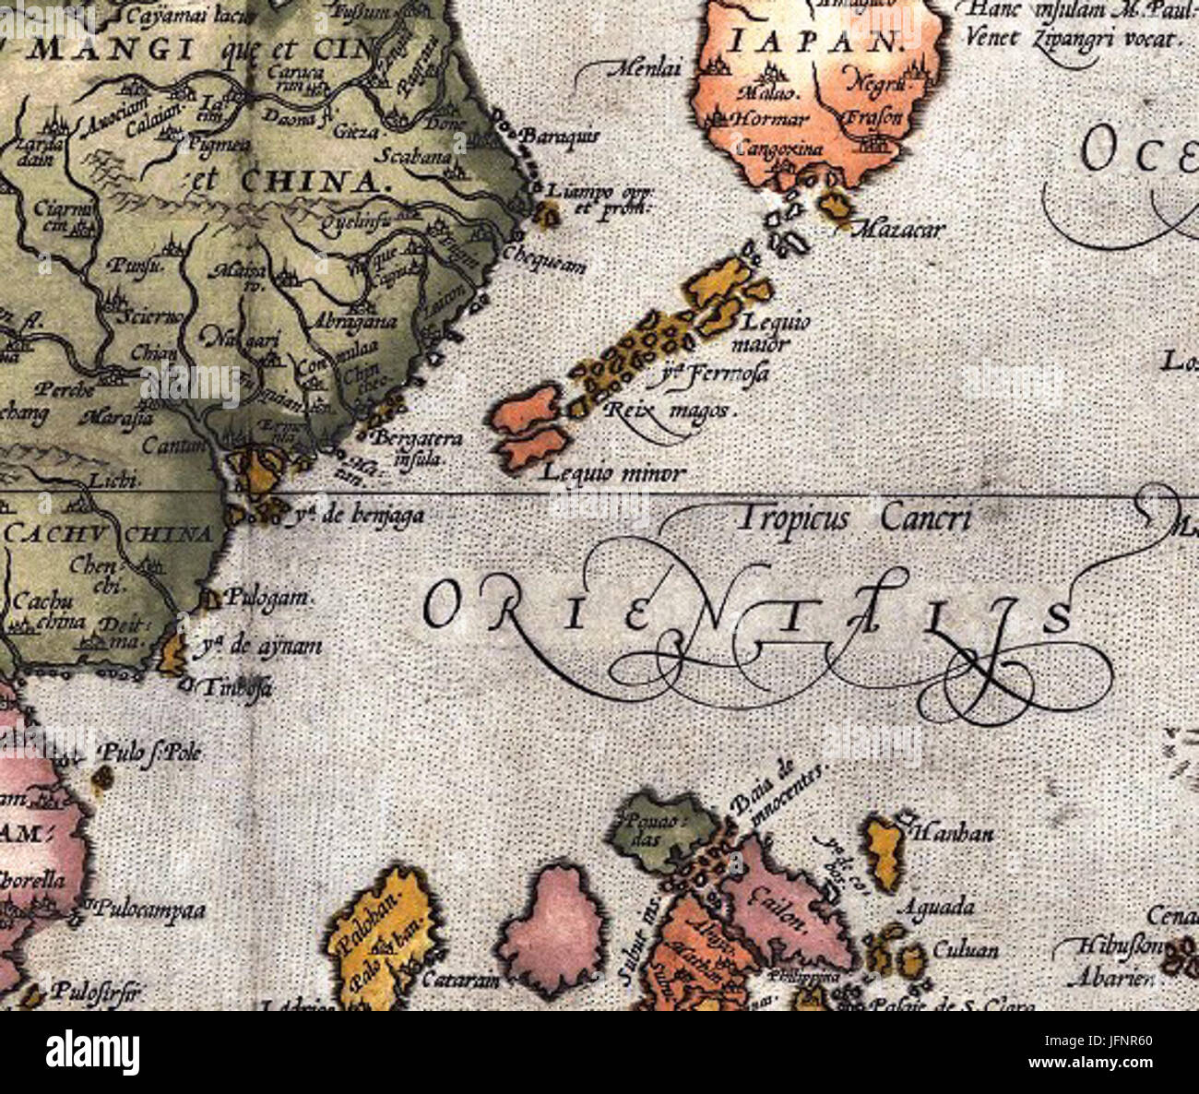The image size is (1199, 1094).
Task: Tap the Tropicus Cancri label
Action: (853, 518)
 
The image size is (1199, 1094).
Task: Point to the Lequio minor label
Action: (612, 474)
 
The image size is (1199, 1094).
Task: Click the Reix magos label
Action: (669, 410)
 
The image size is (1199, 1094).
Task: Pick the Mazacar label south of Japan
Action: (896, 229)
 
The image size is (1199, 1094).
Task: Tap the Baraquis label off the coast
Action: (560, 137)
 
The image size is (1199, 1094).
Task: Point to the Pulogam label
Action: (265, 598)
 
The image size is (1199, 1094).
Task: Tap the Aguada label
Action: (941, 906)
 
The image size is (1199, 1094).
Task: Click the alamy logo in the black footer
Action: (93, 1052)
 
